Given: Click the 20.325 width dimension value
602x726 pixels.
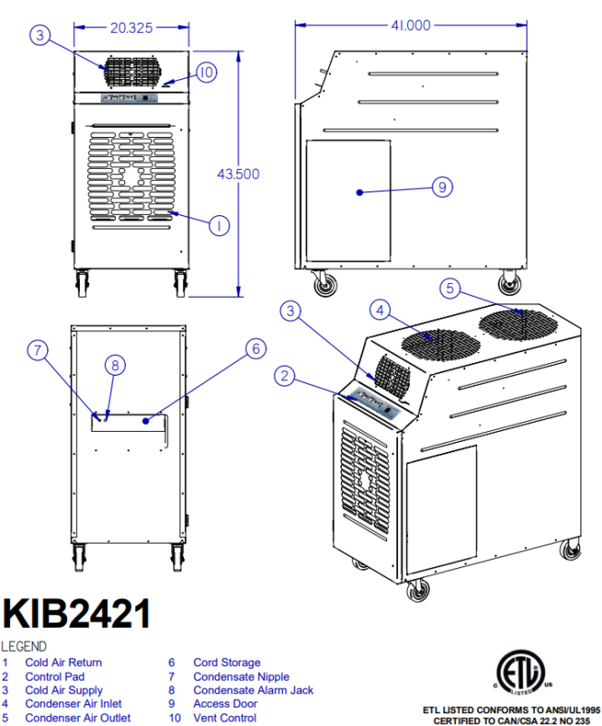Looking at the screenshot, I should (131, 28).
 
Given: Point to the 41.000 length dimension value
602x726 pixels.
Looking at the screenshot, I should (411, 25).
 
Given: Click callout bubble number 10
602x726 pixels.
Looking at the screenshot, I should (205, 72).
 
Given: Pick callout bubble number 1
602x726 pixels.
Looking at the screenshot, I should (218, 224).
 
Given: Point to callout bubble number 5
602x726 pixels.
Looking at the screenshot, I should (451, 289).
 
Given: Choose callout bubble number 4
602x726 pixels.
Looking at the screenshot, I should (382, 309).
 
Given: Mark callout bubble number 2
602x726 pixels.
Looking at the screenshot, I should (285, 376).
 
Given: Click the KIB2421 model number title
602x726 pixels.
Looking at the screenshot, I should (76, 614).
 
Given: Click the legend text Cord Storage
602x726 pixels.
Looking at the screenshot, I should (227, 662).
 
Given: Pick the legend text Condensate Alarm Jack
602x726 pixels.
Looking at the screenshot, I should (253, 690).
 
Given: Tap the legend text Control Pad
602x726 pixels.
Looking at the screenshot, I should (55, 676).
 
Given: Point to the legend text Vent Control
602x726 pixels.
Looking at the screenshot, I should (225, 718).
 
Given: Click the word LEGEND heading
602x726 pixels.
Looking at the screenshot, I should (25, 646).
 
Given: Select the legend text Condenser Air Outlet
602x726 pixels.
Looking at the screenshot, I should (78, 718).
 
